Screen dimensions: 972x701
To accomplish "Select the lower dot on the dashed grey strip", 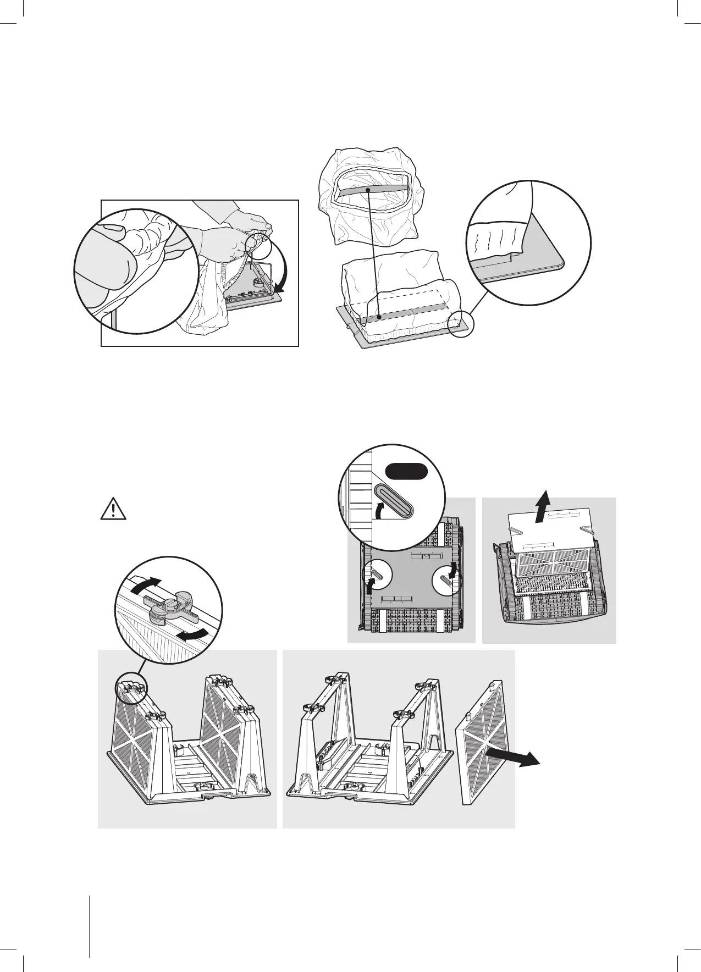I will point(380,318).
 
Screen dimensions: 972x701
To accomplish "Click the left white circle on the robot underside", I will point(377,582).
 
